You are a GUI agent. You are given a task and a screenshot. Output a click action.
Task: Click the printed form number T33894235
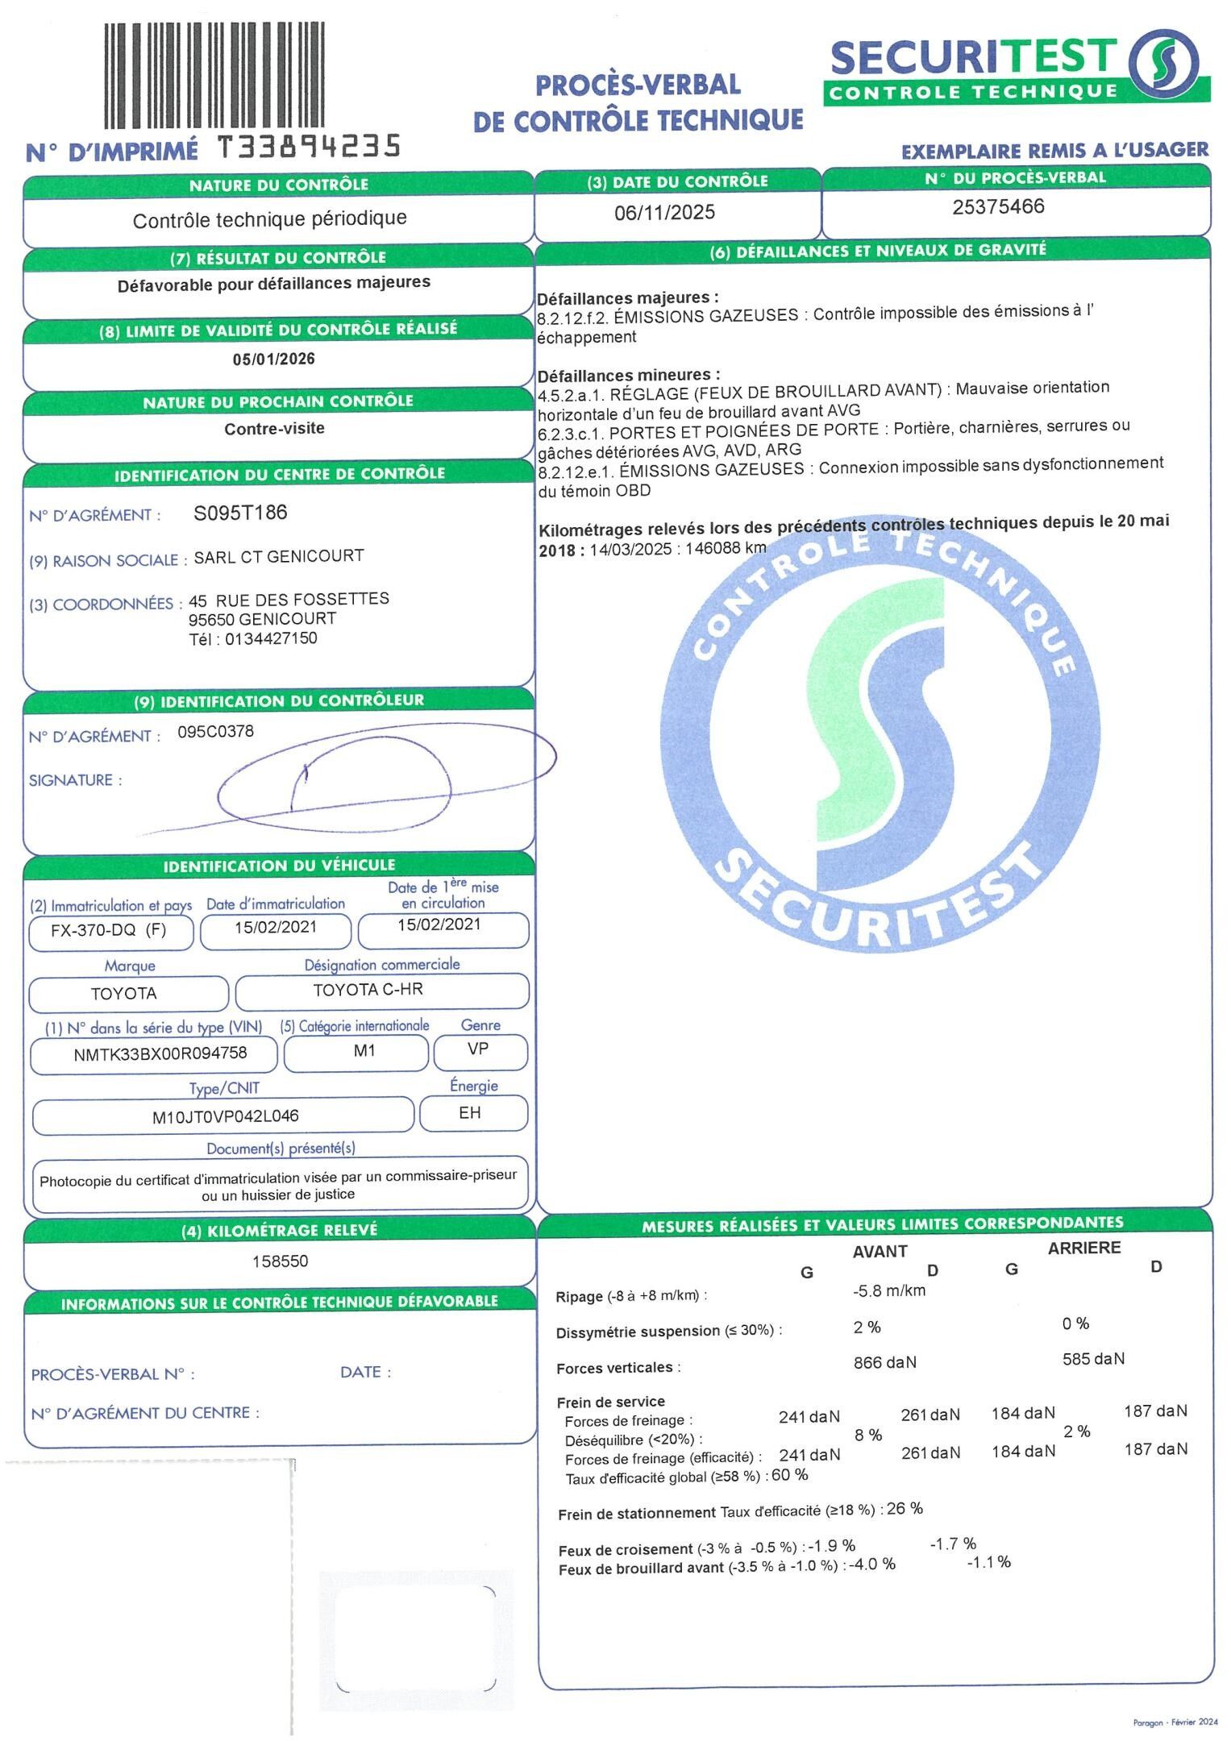[310, 147]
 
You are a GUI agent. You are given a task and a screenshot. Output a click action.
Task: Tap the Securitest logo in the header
[1016, 69]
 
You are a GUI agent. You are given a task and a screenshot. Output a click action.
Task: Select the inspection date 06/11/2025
[664, 212]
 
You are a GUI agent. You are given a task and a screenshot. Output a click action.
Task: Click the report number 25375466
[998, 207]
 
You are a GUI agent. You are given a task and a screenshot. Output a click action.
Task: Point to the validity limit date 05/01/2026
[274, 359]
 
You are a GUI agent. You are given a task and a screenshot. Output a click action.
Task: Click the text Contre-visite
[274, 429]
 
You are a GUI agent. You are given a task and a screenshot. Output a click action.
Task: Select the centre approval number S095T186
[240, 513]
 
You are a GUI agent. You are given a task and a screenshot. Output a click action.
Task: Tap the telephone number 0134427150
[271, 639]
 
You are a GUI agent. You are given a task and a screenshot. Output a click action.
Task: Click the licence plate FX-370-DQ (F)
[109, 930]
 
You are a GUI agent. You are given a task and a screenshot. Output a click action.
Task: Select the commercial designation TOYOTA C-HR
[368, 990]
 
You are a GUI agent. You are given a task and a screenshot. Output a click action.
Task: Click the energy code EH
[470, 1113]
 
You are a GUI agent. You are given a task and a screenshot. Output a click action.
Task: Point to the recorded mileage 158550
[280, 1261]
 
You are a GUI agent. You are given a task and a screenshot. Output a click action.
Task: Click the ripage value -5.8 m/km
[889, 1290]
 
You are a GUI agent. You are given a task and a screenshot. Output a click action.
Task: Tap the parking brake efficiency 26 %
[905, 1508]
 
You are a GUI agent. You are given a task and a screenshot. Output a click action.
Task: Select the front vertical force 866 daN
[884, 1362]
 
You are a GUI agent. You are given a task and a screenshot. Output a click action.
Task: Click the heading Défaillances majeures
[627, 297]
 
